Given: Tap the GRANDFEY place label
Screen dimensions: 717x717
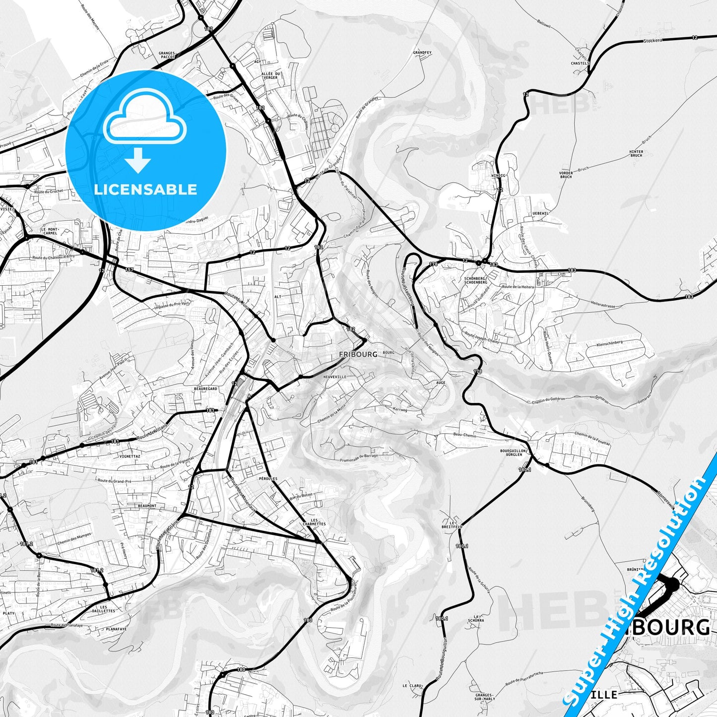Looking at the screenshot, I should pyautogui.click(x=422, y=52).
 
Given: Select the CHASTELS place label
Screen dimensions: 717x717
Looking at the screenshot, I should pyautogui.click(x=580, y=64).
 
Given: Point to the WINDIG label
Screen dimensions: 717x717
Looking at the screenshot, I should pyautogui.click(x=498, y=176).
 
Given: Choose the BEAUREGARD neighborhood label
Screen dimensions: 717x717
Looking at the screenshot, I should pyautogui.click(x=205, y=389).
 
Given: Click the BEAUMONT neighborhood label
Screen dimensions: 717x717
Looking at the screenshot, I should pyautogui.click(x=147, y=506).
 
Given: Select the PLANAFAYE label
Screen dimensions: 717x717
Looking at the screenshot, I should pyautogui.click(x=116, y=629).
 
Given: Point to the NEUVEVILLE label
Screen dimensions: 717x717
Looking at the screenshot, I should pyautogui.click(x=334, y=377).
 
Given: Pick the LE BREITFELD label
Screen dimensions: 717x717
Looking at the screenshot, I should pyautogui.click(x=452, y=524).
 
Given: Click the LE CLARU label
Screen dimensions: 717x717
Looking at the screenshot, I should pyautogui.click(x=412, y=686).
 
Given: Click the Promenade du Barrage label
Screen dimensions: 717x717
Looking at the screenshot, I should pyautogui.click(x=359, y=456).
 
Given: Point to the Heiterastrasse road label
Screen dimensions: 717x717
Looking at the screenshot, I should pyautogui.click(x=603, y=304).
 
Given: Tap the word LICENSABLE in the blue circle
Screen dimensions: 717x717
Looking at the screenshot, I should pyautogui.click(x=145, y=190).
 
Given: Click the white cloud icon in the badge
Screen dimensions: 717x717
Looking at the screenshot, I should pyautogui.click(x=145, y=118).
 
